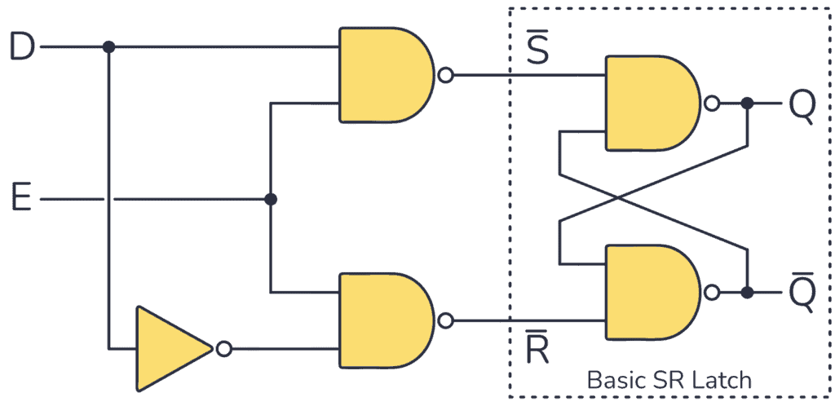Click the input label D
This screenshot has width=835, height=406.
tap(21, 47)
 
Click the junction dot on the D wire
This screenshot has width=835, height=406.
tap(108, 47)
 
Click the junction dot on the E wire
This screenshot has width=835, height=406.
tap(271, 199)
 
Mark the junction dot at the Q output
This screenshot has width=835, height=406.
tap(747, 104)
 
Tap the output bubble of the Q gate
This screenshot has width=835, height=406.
tap(712, 104)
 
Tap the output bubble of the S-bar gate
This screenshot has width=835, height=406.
tap(445, 76)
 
